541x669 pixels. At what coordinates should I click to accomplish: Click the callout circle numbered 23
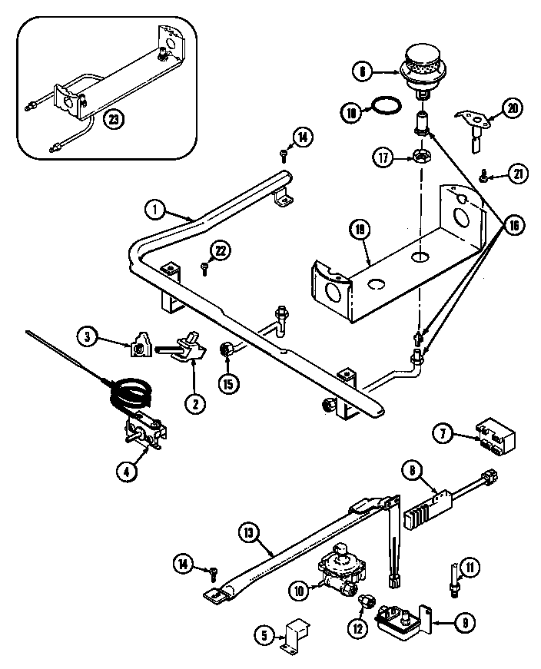coord(115,120)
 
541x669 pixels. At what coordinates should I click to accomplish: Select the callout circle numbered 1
coord(154,207)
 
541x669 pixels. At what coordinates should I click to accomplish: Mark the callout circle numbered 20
coord(513,108)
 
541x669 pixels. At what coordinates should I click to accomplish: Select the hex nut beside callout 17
coord(422,157)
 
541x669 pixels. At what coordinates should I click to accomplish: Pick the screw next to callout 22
coord(204,268)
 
